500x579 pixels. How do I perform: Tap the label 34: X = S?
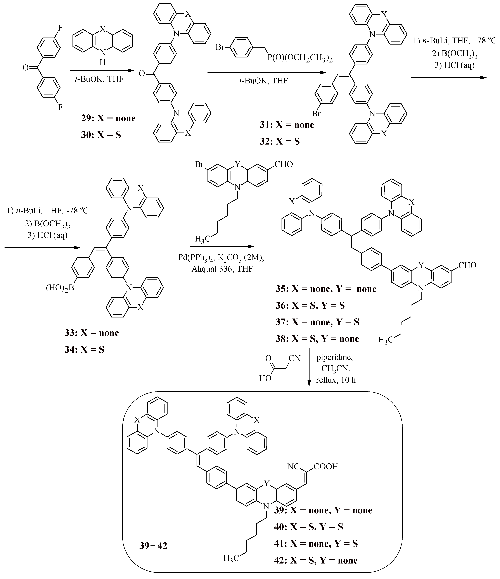click(x=84, y=350)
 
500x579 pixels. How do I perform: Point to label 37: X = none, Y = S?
click(x=317, y=322)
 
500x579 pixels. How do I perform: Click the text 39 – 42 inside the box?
click(x=153, y=546)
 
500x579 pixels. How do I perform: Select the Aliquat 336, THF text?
click(x=222, y=269)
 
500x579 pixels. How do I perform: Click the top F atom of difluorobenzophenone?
click(x=60, y=28)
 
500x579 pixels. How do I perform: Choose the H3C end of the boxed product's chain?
click(x=231, y=566)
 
